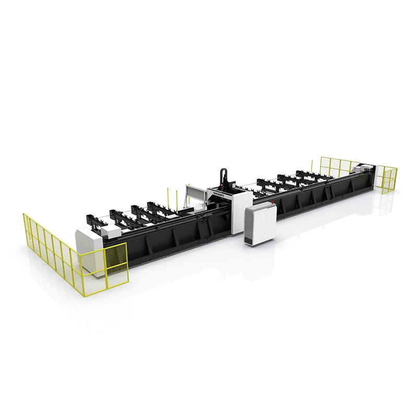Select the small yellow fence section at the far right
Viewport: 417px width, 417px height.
click(x=386, y=179)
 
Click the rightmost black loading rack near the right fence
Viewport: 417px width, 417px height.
click(x=308, y=176)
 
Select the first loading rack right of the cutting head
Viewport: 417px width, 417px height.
click(x=268, y=185)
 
